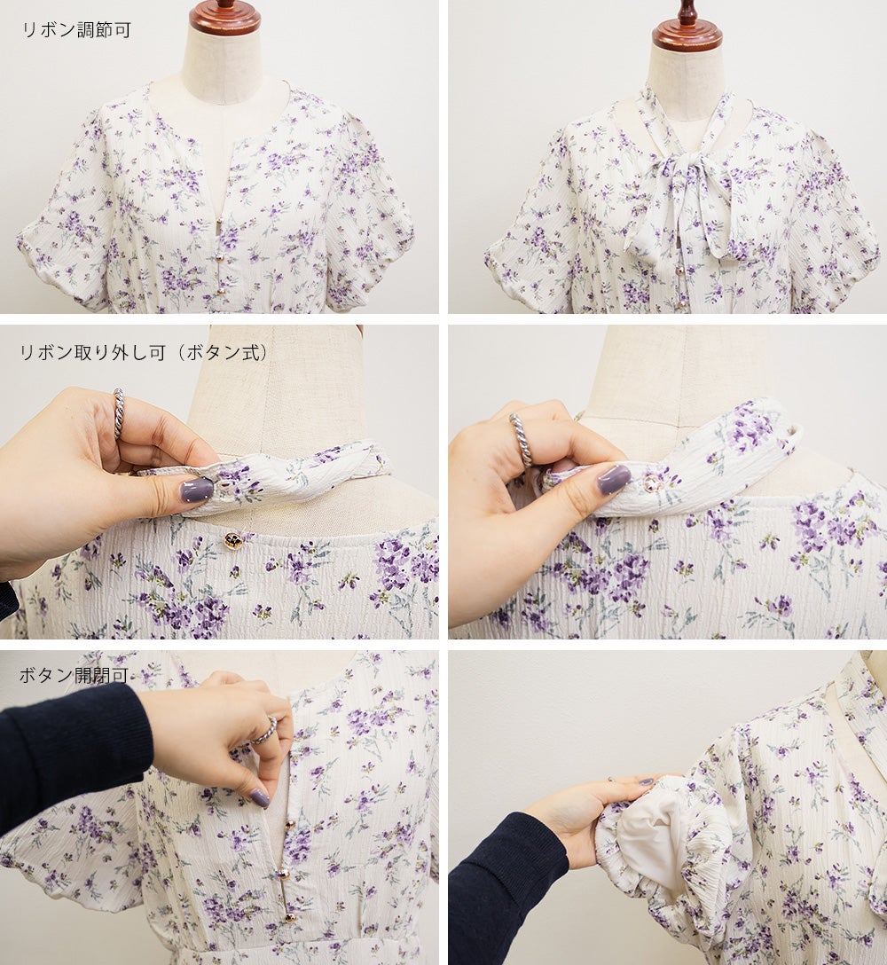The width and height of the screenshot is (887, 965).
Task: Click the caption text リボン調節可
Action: [77, 30]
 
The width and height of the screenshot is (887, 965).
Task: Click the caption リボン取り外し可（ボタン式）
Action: [145, 353]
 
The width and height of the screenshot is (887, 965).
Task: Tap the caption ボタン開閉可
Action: [74, 675]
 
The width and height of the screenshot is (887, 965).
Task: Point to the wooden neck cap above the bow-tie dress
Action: [687, 27]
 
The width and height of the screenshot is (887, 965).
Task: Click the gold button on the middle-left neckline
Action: [232, 540]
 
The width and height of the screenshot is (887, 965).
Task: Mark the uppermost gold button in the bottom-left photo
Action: [287, 824]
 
